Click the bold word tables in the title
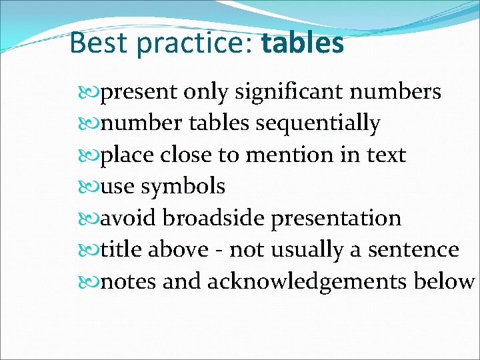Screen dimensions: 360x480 click(x=303, y=43)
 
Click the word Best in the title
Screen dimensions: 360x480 click(x=98, y=43)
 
